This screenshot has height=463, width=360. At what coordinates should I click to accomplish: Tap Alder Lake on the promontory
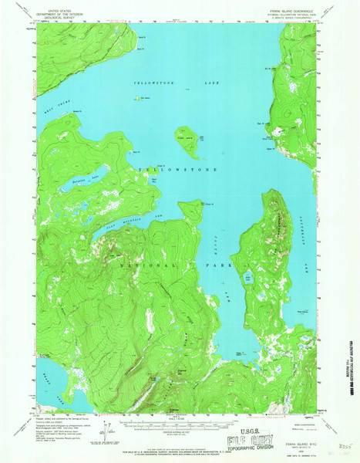pyautogui.click(x=247, y=277)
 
